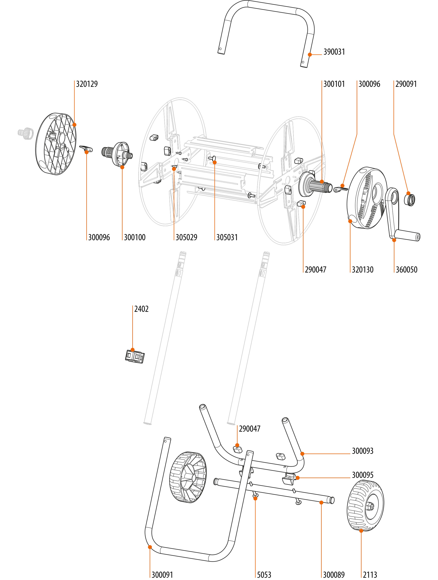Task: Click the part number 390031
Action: (334, 52)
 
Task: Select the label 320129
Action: (87, 84)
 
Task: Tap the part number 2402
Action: (141, 309)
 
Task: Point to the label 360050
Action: (406, 270)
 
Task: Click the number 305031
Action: (227, 237)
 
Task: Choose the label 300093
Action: (362, 451)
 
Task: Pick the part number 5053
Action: (264, 575)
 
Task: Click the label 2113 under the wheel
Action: (370, 575)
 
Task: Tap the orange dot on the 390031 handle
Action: (310, 55)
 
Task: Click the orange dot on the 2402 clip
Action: (133, 350)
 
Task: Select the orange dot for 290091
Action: (408, 193)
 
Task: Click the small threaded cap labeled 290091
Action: (410, 200)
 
